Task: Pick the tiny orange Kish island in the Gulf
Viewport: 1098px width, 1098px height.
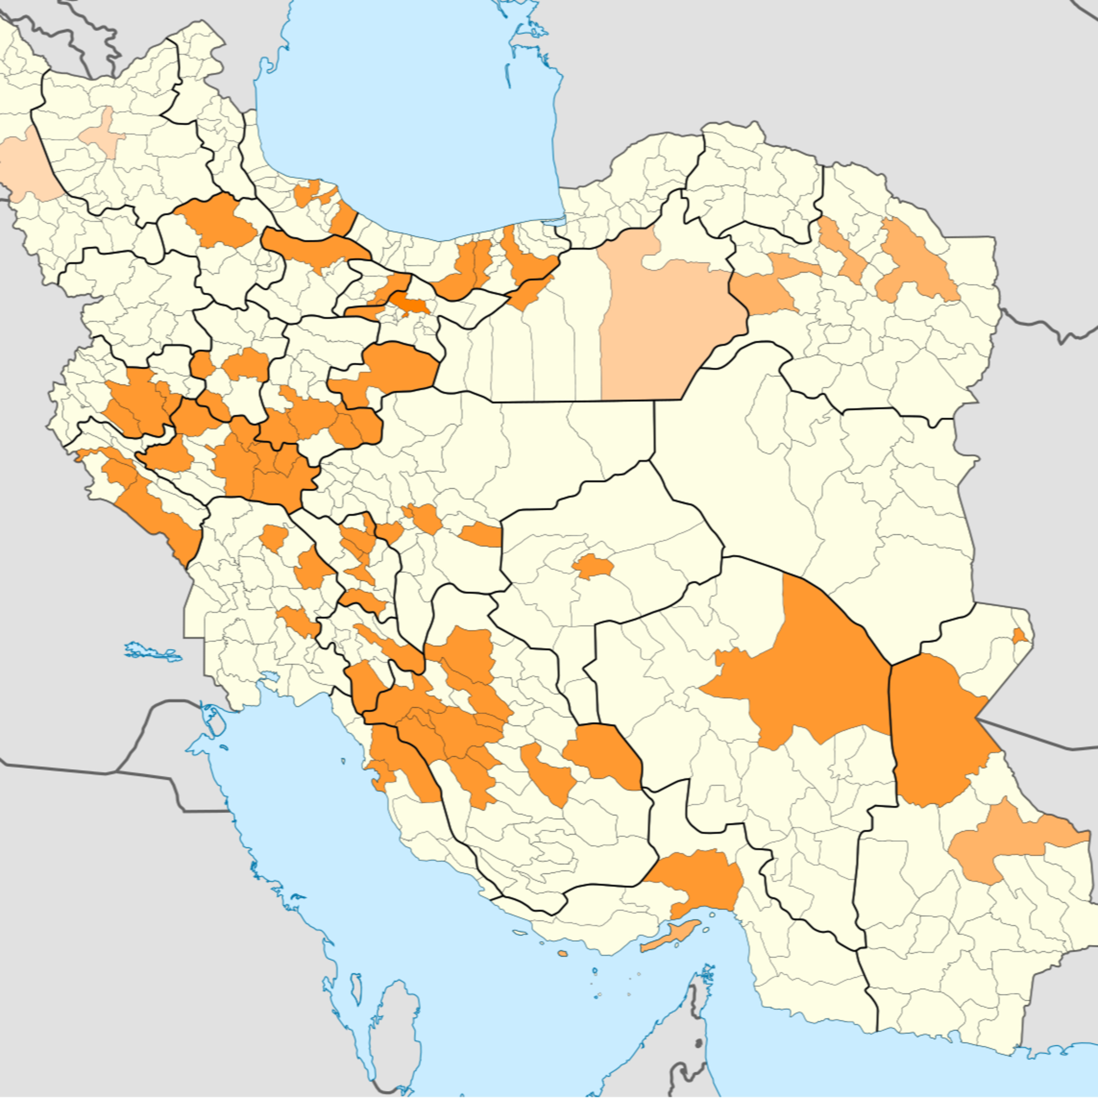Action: click(563, 954)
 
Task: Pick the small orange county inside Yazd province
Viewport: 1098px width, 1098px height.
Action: click(592, 567)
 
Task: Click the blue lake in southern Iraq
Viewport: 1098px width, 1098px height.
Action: click(153, 651)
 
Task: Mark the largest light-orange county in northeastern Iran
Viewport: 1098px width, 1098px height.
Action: click(915, 261)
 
